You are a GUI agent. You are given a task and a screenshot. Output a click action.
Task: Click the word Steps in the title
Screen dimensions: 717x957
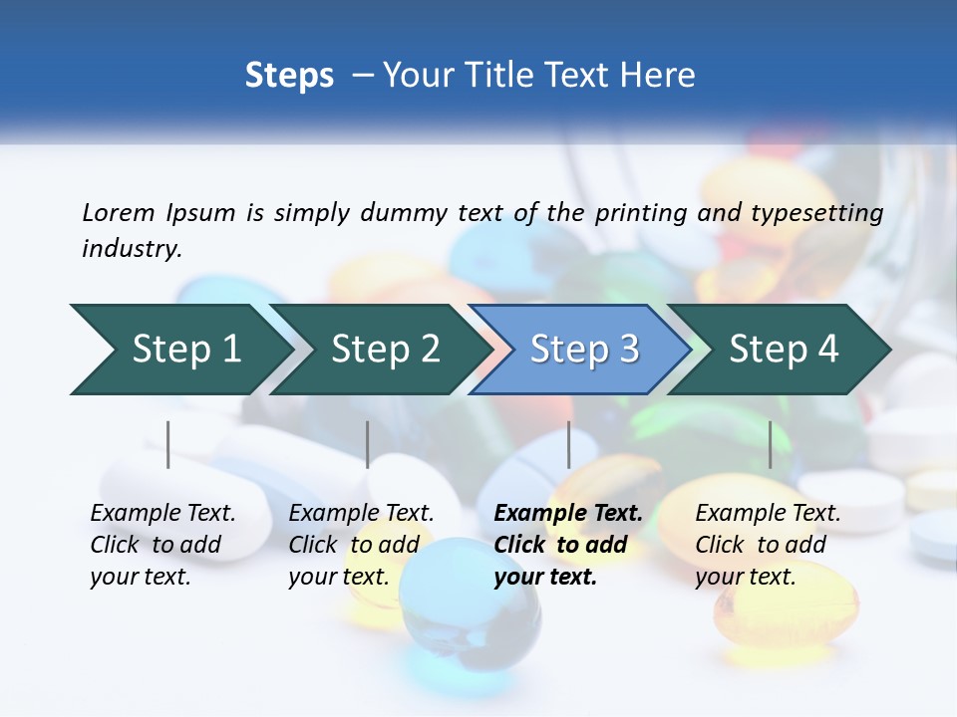click(289, 76)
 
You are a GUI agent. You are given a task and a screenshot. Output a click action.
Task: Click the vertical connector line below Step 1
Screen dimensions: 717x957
click(168, 444)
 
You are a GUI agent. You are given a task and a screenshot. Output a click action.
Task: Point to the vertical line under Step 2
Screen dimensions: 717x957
click(368, 444)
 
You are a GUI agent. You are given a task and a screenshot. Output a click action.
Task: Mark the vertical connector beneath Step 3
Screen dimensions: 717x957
click(568, 444)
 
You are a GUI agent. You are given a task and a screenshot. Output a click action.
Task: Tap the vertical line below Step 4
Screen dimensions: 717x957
click(770, 444)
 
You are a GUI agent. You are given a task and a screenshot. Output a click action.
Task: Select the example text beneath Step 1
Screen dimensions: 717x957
click(162, 545)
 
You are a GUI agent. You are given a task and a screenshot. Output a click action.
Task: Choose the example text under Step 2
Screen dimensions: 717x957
click(361, 545)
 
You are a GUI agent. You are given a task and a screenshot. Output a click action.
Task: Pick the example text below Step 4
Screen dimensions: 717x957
click(767, 545)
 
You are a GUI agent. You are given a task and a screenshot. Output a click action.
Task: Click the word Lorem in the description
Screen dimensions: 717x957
click(119, 212)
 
